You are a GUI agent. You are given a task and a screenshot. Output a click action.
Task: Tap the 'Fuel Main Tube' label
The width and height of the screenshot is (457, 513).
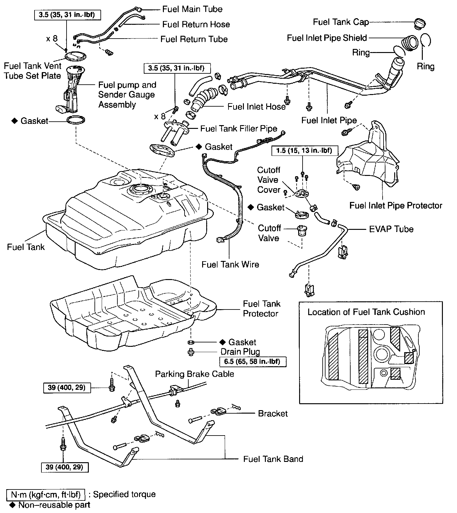pyautogui.click(x=192, y=9)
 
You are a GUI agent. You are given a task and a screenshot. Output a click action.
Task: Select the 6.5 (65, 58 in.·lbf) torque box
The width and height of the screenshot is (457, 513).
pyautogui.click(x=252, y=362)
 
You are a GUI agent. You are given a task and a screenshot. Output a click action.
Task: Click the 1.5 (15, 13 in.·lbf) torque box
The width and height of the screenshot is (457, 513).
pyautogui.click(x=304, y=151)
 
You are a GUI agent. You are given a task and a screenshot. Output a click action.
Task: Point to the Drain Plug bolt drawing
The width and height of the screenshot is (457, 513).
pyautogui.click(x=191, y=352)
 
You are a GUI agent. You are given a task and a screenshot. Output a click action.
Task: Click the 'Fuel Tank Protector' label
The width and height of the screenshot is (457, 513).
pyautogui.click(x=261, y=309)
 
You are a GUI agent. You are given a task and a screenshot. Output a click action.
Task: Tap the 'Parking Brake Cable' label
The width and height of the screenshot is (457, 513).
pyautogui.click(x=195, y=374)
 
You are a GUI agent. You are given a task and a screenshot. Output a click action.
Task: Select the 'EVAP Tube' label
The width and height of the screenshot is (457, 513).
pyautogui.click(x=391, y=229)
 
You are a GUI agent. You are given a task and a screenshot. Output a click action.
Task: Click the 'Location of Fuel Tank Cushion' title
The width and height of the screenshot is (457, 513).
pyautogui.click(x=366, y=312)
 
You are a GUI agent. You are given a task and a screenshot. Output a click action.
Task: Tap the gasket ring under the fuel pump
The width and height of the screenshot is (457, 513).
pyautogui.click(x=76, y=120)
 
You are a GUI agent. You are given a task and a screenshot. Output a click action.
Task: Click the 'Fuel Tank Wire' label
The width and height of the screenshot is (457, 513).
pyautogui.click(x=230, y=264)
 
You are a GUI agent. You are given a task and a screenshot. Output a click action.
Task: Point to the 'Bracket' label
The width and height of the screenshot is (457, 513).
pyautogui.click(x=273, y=414)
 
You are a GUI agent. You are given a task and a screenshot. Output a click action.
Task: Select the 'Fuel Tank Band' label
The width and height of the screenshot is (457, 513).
pyautogui.click(x=273, y=459)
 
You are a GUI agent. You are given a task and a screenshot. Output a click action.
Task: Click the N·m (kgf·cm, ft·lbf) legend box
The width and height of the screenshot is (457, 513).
pyautogui.click(x=46, y=494)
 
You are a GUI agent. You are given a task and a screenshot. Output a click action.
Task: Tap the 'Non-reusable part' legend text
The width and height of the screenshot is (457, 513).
pyautogui.click(x=54, y=505)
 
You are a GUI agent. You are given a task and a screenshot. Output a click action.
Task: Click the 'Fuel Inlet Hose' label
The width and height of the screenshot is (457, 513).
pyautogui.click(x=256, y=107)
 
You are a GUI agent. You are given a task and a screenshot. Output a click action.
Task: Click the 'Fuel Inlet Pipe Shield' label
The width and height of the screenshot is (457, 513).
pyautogui.click(x=327, y=38)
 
